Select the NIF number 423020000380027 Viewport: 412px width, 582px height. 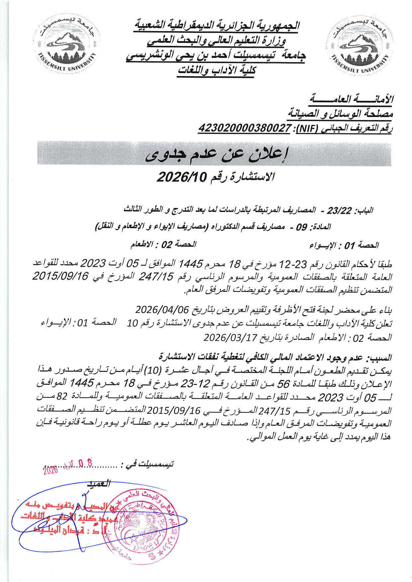click(x=244, y=128)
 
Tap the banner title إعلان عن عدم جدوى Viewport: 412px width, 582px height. click(x=217, y=155)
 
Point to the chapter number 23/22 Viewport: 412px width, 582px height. click(x=339, y=211)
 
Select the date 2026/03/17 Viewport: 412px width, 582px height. click(x=230, y=337)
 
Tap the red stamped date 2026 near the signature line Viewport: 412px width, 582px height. click(x=51, y=470)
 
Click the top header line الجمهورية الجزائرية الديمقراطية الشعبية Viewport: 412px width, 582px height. click(x=217, y=25)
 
